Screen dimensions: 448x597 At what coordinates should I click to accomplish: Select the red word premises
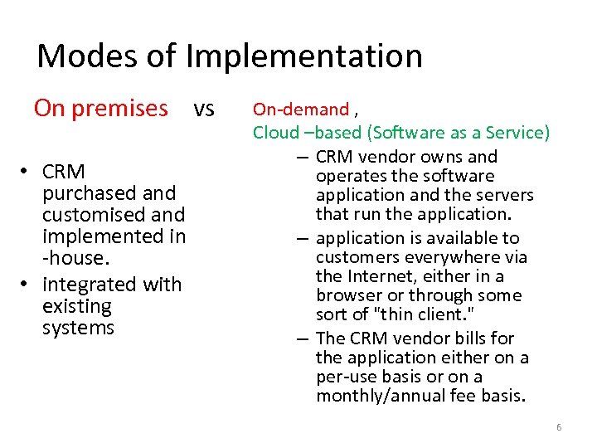[x=124, y=109]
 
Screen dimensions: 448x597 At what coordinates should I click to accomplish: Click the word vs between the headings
[x=204, y=109]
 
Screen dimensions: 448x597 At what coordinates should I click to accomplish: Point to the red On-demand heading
[x=301, y=109]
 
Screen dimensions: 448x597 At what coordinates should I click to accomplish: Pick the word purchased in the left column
[x=109, y=193]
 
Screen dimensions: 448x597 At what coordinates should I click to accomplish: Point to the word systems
[x=78, y=328]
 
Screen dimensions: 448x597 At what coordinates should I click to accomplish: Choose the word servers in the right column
[x=506, y=196]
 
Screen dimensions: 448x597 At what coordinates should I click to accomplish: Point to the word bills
[x=474, y=338]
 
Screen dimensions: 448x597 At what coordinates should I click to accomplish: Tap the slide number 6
[x=558, y=427]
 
